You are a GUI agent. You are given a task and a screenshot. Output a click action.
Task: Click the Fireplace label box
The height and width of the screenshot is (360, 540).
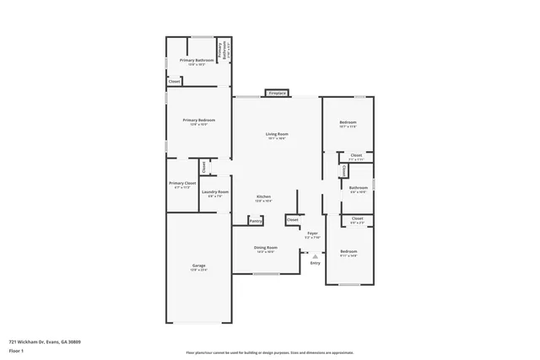[x=278, y=92]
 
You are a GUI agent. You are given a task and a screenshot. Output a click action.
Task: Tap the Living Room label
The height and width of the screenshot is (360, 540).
[x=277, y=134]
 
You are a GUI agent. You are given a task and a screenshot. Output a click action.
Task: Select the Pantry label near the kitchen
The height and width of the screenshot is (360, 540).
[x=256, y=221]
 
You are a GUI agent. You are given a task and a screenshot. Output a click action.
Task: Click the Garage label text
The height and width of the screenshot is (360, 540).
[x=197, y=266]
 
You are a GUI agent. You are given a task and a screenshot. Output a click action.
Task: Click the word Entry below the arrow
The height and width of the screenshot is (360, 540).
[x=315, y=263]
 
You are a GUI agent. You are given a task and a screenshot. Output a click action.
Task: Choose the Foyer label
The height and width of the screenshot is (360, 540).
[x=312, y=233]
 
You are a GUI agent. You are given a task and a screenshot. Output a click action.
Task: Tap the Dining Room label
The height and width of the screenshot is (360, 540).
[x=266, y=248]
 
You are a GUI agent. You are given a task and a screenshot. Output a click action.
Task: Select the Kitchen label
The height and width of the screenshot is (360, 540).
[x=263, y=196]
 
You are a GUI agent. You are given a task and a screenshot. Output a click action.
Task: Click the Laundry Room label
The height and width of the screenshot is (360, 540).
[x=215, y=192]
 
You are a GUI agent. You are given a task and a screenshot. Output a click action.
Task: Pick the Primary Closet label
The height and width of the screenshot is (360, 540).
[x=182, y=183]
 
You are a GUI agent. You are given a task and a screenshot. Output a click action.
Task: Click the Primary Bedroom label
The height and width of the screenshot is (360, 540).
[x=198, y=121]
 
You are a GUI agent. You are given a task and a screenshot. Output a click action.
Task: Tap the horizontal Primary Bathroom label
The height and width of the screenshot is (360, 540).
[x=197, y=61]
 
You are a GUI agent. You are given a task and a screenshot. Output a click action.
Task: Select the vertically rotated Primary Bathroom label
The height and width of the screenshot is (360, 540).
[x=221, y=51]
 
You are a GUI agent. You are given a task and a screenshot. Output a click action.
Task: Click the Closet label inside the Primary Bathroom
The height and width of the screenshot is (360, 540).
[x=174, y=82]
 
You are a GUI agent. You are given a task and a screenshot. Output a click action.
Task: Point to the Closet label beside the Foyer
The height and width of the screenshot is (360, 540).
[x=292, y=220]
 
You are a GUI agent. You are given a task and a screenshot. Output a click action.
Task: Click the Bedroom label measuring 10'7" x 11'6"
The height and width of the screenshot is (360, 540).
[x=348, y=123]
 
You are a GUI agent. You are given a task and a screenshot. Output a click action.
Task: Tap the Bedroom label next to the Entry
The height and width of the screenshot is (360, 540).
[x=348, y=251]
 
